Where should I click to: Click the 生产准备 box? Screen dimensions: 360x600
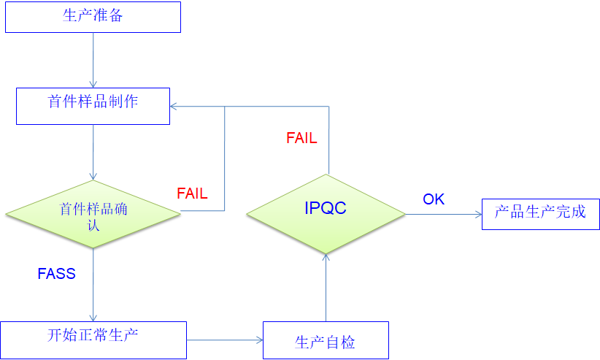(93, 16)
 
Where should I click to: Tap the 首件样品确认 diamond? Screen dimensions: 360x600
(93, 215)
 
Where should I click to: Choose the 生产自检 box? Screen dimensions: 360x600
(326, 340)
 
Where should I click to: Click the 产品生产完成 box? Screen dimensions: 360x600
(540, 214)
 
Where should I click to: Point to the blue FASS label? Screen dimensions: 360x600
(57, 275)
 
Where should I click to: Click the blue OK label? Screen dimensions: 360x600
(434, 199)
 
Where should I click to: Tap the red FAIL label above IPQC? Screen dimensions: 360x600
(301, 138)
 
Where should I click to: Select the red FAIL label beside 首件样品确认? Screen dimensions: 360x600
(192, 194)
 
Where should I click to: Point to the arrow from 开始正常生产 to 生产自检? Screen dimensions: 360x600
(225, 340)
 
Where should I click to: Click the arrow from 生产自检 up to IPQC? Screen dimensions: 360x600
(326, 288)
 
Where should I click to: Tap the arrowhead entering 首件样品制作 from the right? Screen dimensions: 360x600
(175, 107)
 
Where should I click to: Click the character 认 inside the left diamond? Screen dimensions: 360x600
(93, 226)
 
